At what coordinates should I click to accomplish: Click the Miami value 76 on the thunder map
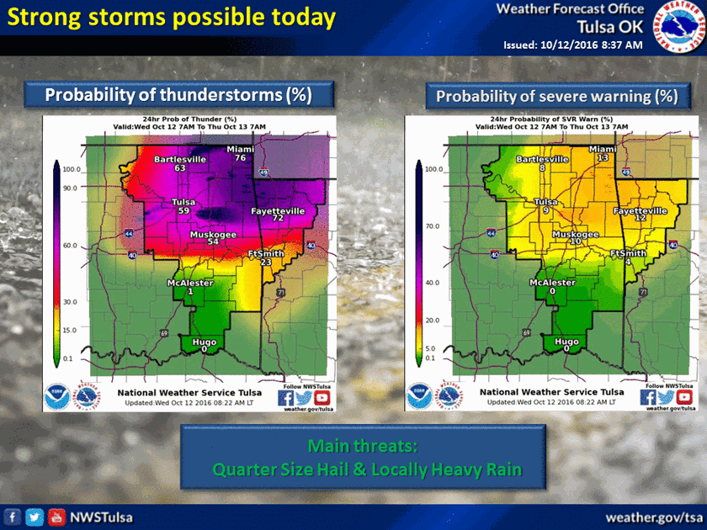240,157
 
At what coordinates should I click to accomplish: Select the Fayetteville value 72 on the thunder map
275,218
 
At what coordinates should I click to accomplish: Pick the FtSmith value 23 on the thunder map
267,262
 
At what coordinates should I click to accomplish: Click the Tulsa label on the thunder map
183,202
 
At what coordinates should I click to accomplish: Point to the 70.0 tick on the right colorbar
431,227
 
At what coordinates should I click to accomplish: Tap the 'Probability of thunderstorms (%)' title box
178,94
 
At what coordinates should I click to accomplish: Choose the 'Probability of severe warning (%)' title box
556,96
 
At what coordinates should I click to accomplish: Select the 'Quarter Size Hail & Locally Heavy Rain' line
366,469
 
